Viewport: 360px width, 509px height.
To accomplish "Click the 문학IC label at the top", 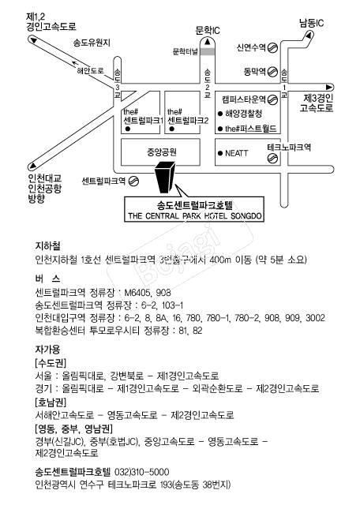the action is click(208, 31).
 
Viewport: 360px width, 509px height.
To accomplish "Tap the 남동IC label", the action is click(311, 23).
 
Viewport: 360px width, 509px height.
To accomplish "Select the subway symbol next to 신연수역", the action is click(273, 48).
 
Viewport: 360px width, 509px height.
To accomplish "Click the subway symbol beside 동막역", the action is click(273, 71).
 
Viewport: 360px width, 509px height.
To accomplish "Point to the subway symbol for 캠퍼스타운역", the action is click(273, 99).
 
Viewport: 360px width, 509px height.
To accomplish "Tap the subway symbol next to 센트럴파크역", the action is click(133, 182).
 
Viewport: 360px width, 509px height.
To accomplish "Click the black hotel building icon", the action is click(166, 178).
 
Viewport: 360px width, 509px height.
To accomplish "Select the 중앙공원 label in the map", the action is click(162, 152).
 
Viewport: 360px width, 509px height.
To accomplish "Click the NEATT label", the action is click(237, 153).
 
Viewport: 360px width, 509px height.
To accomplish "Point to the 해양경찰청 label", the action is click(243, 114).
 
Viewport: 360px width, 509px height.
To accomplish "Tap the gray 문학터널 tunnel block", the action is click(208, 51).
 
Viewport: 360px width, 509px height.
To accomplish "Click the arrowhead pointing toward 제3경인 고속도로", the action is click(329, 87).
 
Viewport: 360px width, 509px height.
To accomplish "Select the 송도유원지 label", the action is click(92, 43).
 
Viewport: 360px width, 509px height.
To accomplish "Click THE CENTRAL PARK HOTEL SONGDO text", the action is click(195, 216).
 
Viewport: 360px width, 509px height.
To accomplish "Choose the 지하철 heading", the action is click(47, 246).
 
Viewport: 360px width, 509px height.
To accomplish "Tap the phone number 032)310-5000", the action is click(142, 472).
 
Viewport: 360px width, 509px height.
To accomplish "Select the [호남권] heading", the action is click(51, 402).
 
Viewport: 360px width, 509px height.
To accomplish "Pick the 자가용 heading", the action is click(47, 350).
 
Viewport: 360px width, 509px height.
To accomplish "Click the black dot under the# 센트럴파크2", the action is click(172, 129).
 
